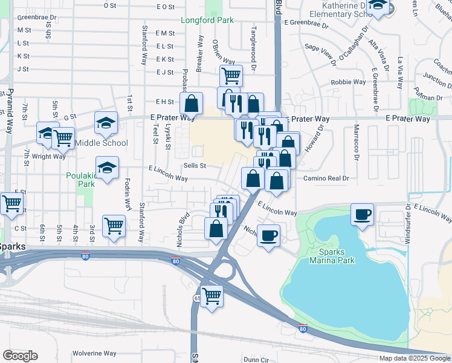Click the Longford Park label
207,20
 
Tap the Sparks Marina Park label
332,255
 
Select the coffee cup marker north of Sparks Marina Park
363,214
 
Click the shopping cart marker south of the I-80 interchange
211,296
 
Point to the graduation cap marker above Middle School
106,123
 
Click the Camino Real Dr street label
326,178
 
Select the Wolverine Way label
94,353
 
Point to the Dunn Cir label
256,359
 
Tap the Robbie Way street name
348,82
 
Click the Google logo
20,356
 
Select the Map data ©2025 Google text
414,358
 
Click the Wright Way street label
49,156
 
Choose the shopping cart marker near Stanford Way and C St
114,226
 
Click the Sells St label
195,165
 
